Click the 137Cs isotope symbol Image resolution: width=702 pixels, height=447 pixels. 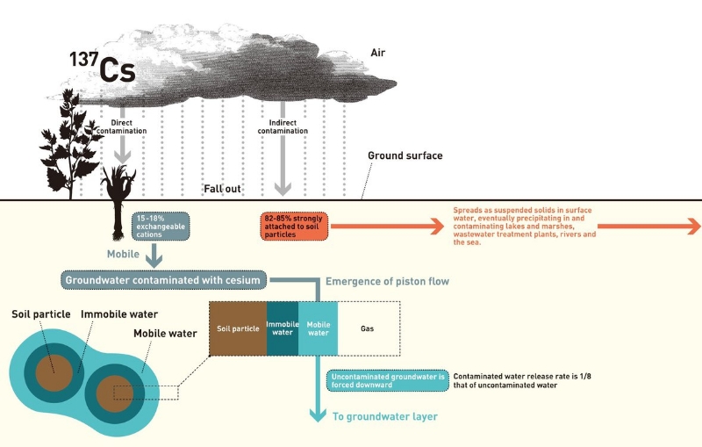pos(102,67)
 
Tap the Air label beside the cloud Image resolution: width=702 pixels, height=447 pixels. pos(378,53)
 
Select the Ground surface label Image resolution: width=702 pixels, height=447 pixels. pos(405,155)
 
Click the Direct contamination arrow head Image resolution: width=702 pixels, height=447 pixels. pos(122,156)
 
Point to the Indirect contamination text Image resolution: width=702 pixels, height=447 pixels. pos(283,126)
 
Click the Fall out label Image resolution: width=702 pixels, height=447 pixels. pos(223,189)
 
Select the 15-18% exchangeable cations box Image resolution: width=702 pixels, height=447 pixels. pos(161,227)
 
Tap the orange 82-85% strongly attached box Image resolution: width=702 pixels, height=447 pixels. pos(294,227)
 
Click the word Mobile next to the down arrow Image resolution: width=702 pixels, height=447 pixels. pos(123,255)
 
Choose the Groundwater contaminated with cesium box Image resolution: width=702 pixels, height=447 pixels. pos(163,280)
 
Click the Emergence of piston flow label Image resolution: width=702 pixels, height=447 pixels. pos(387,281)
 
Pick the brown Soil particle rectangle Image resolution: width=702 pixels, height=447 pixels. pos(238,328)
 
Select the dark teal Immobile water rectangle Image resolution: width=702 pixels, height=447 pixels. pos(283,328)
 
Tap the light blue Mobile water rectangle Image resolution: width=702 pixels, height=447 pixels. pos(318,328)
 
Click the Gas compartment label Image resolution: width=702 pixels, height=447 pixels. pos(367,328)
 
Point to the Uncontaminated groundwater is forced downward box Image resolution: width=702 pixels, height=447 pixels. pos(388,381)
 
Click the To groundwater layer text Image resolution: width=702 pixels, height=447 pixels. pos(385,416)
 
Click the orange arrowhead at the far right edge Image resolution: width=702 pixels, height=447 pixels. pos(692,227)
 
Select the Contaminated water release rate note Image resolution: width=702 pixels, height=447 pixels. pos(522,381)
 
